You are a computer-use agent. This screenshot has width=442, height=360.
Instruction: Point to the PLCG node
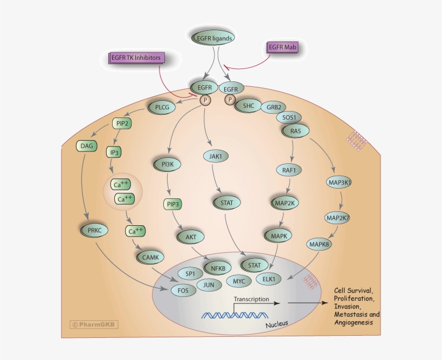pos(162,107)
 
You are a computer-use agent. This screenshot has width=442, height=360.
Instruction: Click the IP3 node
pos(114,153)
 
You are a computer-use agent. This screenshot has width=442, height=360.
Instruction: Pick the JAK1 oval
pos(213,157)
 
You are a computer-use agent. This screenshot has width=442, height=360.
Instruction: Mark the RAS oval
pos(296,130)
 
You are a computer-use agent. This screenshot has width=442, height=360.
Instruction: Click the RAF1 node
pos(292,170)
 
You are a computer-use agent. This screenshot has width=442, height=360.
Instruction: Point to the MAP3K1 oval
pos(340,183)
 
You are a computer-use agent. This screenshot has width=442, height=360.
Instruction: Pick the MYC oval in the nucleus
pos(238,281)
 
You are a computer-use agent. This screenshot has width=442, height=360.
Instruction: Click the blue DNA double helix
pos(236,314)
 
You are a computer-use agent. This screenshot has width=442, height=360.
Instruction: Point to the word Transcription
pos(251,299)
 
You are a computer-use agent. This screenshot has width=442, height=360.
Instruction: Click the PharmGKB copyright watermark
pos(94,324)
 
